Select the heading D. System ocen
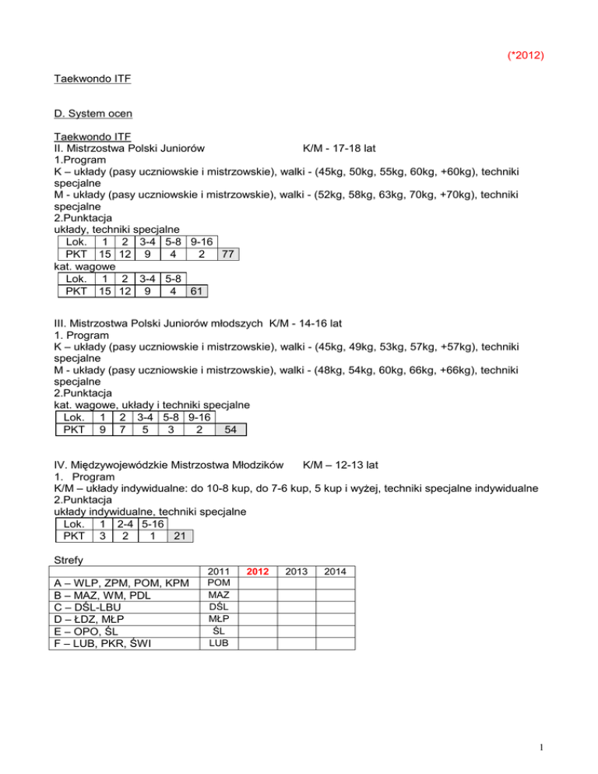tap(93, 114)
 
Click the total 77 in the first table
tap(229, 255)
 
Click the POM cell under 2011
tap(220, 583)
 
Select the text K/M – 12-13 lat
tap(340, 465)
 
